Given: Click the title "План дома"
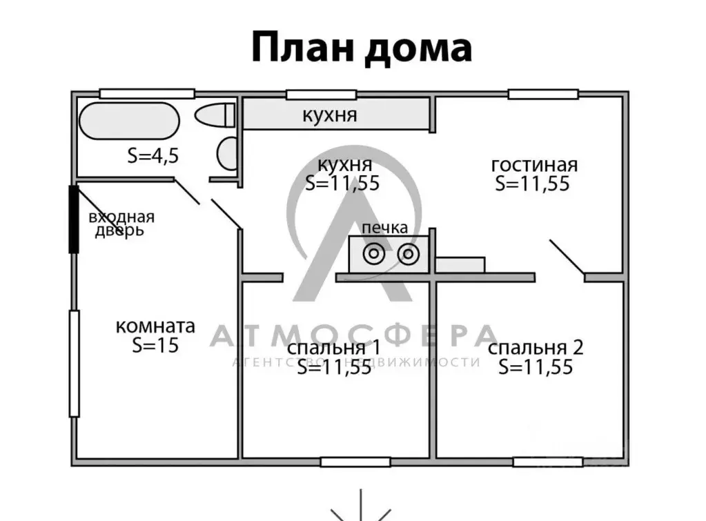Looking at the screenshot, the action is [x=362, y=48].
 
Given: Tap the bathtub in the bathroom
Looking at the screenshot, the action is [x=129, y=121].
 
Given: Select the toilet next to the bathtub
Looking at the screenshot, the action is [x=215, y=115].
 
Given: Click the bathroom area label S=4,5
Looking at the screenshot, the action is [x=153, y=155].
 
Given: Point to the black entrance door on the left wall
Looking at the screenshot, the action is [x=73, y=219].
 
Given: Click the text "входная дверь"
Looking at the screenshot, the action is [x=121, y=224].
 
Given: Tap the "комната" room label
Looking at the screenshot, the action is [x=155, y=326].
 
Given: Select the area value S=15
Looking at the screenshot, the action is [x=155, y=345].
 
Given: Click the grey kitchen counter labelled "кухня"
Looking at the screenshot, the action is [x=336, y=115].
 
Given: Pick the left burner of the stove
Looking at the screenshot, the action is [x=374, y=255].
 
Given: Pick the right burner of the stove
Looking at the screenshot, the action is [x=409, y=255].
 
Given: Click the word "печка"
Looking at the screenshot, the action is [x=385, y=228].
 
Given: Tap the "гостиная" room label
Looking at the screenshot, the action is [x=534, y=164].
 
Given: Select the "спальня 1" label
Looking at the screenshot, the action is [x=333, y=348].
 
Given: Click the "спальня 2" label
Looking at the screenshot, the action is [x=536, y=348].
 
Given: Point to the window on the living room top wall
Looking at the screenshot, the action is [x=543, y=94].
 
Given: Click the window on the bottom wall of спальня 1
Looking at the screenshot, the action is [x=355, y=462].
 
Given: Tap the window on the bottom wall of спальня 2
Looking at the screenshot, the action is [x=548, y=462].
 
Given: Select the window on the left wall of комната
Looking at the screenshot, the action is [x=75, y=364].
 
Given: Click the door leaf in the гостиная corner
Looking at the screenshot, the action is [x=567, y=257].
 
